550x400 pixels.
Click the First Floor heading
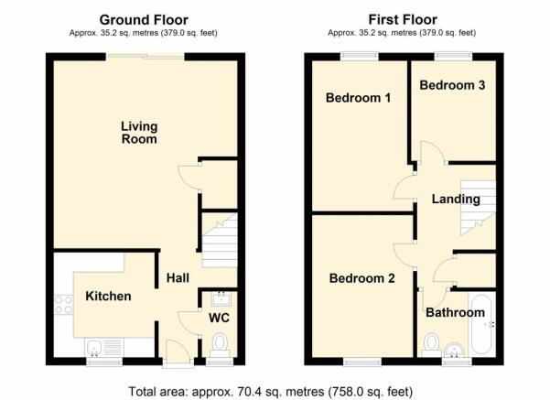pyautogui.click(x=402, y=19)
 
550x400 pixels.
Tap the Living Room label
pyautogui.click(x=139, y=134)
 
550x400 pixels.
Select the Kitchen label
pyautogui.click(x=108, y=297)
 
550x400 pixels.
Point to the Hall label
pyautogui.click(x=178, y=280)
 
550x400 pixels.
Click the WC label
pyautogui.click(x=219, y=319)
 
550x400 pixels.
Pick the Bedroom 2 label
pyautogui.click(x=361, y=279)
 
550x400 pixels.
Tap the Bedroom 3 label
pyautogui.click(x=451, y=85)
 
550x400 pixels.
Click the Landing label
pyautogui.click(x=456, y=199)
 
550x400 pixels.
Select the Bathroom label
pyautogui.click(x=455, y=313)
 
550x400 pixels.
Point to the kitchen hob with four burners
pyautogui.click(x=64, y=304)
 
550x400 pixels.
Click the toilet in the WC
pyautogui.click(x=219, y=344)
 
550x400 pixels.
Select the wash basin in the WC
pyautogui.click(x=220, y=297)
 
